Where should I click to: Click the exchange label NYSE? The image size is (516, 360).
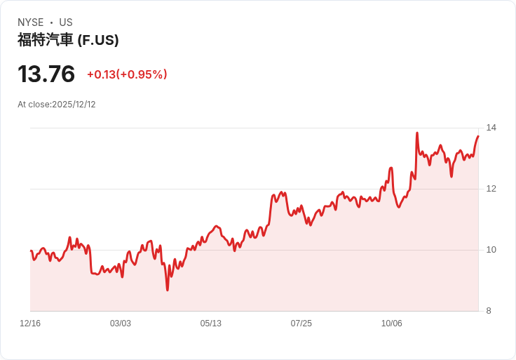31,22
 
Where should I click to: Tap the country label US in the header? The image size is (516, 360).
66,22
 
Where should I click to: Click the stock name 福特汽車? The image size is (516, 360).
45,40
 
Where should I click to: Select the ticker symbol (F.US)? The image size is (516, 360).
97,40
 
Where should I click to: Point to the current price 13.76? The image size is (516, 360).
46,74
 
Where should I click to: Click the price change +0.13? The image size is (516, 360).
101,74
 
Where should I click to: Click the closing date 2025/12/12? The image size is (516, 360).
74,105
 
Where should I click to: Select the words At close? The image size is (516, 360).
33,105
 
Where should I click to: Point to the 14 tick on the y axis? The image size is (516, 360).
491,128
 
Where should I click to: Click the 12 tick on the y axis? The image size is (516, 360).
491,189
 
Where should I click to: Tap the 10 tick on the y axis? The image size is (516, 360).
491,250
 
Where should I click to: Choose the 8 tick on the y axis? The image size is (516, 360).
489,311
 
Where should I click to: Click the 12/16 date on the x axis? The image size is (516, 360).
30,324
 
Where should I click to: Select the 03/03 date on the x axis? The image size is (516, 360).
121,324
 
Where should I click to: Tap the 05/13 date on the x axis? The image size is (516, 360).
211,324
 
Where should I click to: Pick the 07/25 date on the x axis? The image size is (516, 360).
301,324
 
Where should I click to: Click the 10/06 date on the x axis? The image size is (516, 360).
392,324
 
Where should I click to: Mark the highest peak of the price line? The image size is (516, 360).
417,133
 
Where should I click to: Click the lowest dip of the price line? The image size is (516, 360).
168,290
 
